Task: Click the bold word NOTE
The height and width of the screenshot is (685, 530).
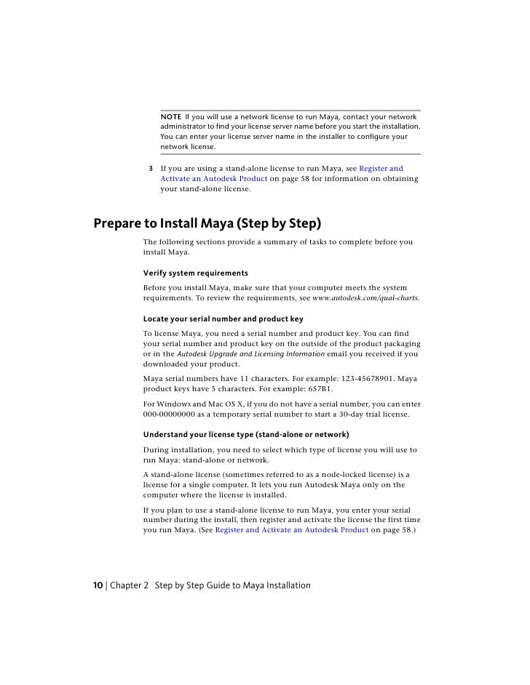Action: pyautogui.click(x=171, y=117)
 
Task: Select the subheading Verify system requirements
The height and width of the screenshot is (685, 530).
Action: pyautogui.click(x=195, y=273)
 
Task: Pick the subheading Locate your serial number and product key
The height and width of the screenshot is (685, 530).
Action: pyautogui.click(x=223, y=319)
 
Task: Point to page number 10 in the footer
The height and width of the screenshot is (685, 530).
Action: pyautogui.click(x=98, y=585)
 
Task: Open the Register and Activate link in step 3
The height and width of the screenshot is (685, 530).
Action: pyautogui.click(x=381, y=169)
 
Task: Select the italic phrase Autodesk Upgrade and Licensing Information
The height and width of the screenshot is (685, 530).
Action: pyautogui.click(x=251, y=354)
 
